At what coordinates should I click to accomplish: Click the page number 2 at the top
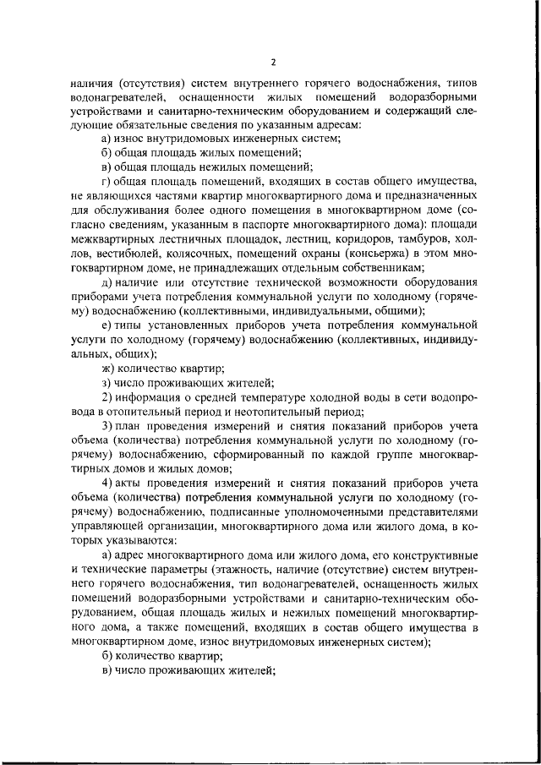[273, 62]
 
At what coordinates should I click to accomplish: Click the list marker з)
[107, 383]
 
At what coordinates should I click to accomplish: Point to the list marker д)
[107, 281]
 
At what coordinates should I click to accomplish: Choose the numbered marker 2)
[107, 398]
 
